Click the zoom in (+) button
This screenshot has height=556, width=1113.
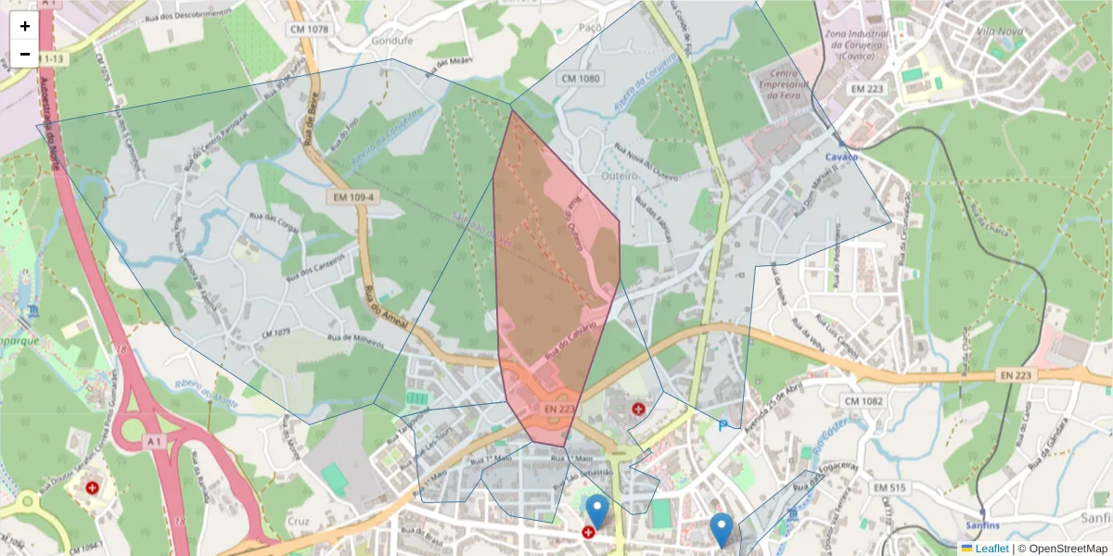[x=25, y=26]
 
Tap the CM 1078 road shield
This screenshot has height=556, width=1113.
[x=309, y=30]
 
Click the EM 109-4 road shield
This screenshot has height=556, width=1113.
[x=349, y=197]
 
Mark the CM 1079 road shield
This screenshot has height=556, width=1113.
[x=276, y=332]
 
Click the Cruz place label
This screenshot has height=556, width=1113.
[x=298, y=522]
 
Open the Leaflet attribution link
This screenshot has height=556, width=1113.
[x=991, y=549]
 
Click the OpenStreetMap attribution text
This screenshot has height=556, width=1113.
[x=1063, y=549]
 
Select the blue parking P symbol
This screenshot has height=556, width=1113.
[x=723, y=426]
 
